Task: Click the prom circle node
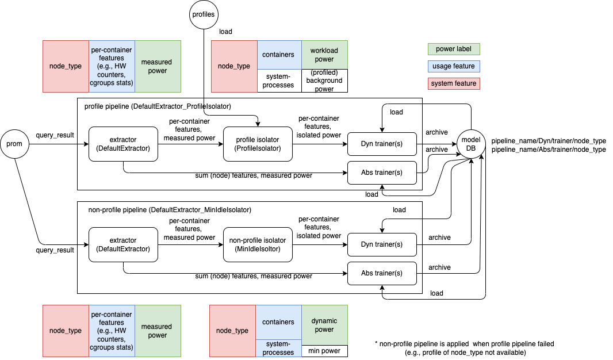pos(14,144)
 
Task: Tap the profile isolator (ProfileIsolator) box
pos(258,144)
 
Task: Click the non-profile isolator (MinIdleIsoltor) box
pos(258,244)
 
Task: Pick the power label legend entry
pos(454,49)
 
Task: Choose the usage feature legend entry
pos(454,66)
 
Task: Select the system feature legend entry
pos(454,83)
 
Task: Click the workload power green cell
pos(324,55)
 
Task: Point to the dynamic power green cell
pos(324,325)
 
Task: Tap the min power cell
pos(324,351)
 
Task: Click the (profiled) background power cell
pos(324,81)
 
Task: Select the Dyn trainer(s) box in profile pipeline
pos(382,144)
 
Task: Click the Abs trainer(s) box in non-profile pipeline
pos(382,273)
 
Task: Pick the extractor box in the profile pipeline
pos(123,144)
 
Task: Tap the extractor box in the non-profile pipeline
pos(123,244)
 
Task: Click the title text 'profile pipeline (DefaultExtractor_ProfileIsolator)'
pos(157,106)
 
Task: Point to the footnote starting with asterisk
pos(464,348)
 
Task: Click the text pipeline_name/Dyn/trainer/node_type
pos(548,141)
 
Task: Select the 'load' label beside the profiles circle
pos(226,32)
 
